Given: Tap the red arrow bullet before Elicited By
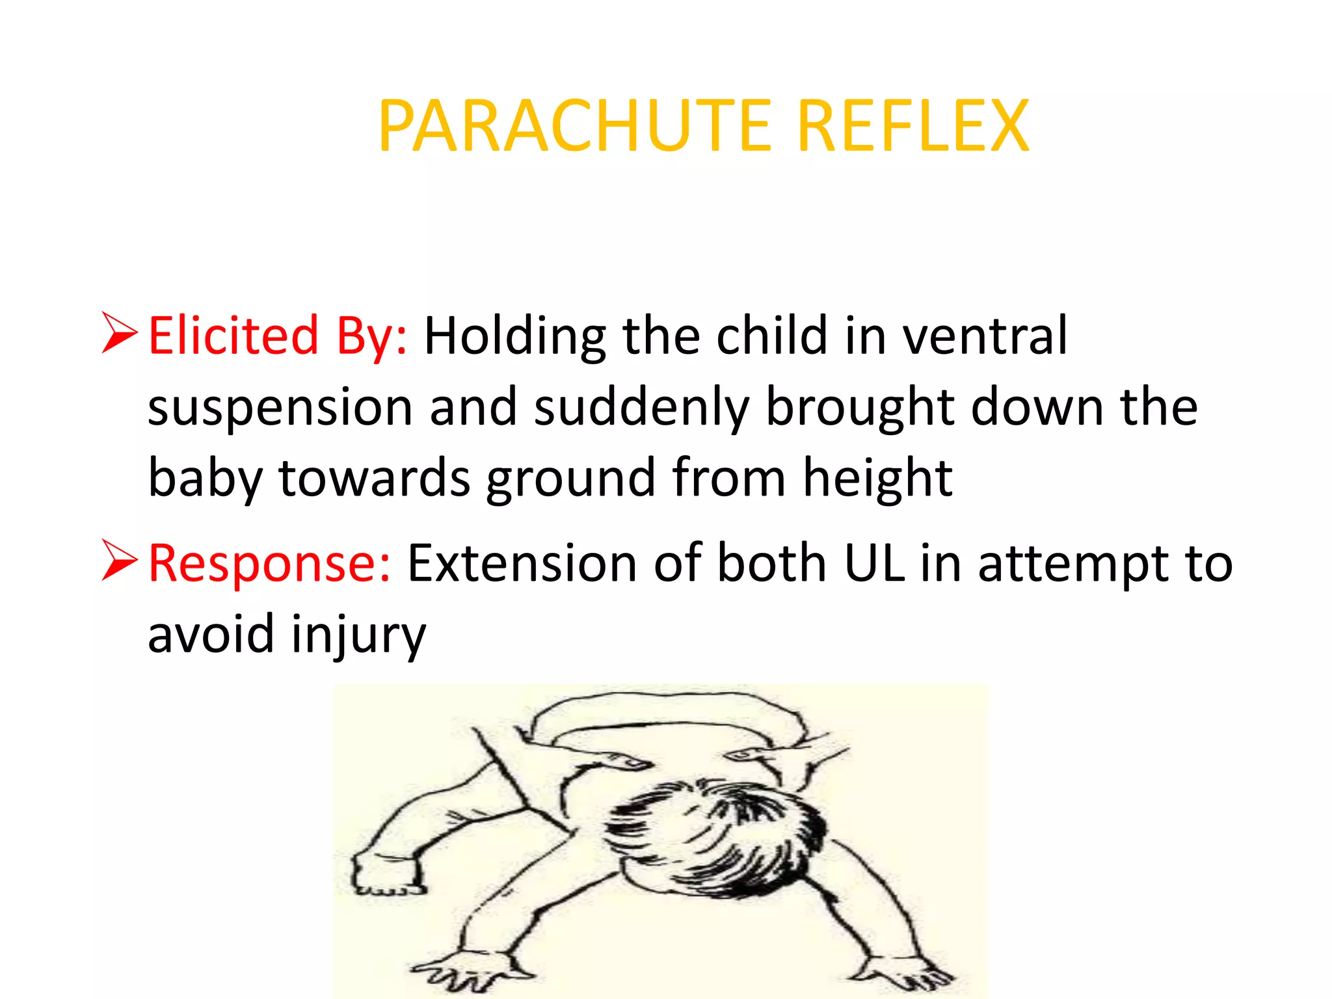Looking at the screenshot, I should [120, 333].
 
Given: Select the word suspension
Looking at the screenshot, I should [280, 408].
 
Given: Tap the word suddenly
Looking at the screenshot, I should [641, 408].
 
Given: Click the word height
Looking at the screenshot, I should [877, 478].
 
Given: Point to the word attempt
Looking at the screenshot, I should [1072, 564].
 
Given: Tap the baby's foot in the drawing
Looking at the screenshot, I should [384, 872].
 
